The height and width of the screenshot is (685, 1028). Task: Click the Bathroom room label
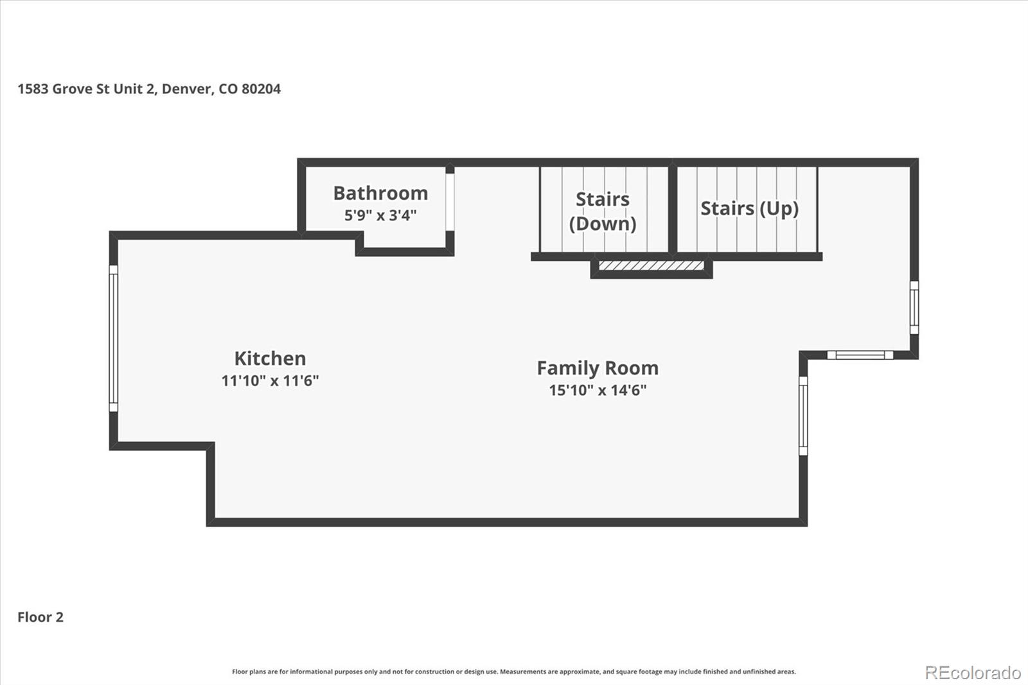pyautogui.click(x=380, y=193)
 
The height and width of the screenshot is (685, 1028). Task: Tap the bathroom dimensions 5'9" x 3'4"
pyautogui.click(x=380, y=215)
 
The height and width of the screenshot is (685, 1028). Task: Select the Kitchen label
pyautogui.click(x=270, y=358)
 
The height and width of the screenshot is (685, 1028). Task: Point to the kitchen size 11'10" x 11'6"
pyautogui.click(x=270, y=380)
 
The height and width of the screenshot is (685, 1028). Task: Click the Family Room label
pyautogui.click(x=598, y=368)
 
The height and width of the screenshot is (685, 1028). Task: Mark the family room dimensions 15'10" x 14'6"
pyautogui.click(x=598, y=390)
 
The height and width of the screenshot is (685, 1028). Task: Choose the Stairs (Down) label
pyautogui.click(x=603, y=211)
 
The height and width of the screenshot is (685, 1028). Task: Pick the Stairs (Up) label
pyautogui.click(x=749, y=208)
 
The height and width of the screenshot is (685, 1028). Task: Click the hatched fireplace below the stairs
pyautogui.click(x=651, y=265)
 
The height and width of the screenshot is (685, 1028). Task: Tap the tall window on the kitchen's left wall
pyautogui.click(x=114, y=338)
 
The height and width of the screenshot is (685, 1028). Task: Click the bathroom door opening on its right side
pyautogui.click(x=450, y=202)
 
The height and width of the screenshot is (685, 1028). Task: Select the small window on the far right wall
pyautogui.click(x=914, y=307)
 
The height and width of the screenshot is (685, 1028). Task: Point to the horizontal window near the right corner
pyautogui.click(x=860, y=355)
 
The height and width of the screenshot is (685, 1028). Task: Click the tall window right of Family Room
pyautogui.click(x=803, y=416)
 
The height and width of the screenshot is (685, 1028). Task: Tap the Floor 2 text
pyautogui.click(x=40, y=617)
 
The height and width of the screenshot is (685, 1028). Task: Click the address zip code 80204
pyautogui.click(x=261, y=89)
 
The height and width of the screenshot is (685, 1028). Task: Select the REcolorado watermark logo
pyautogui.click(x=972, y=673)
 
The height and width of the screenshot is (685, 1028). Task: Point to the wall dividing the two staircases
pyautogui.click(x=673, y=209)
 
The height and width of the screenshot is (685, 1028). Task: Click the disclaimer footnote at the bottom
pyautogui.click(x=514, y=672)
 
